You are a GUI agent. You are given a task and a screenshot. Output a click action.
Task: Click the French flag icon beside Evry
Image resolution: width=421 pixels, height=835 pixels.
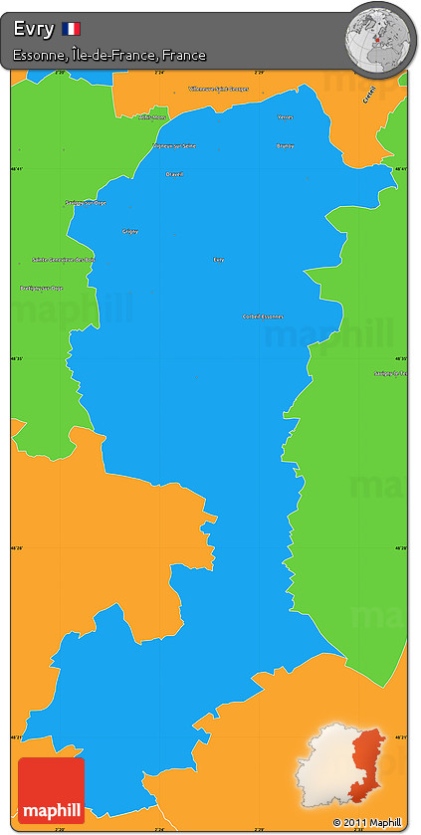(x=71, y=29)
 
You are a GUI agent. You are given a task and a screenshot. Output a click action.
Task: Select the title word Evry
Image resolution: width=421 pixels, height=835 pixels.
(x=34, y=29)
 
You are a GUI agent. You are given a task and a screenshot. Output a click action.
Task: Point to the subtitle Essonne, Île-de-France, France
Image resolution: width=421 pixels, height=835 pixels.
(x=109, y=56)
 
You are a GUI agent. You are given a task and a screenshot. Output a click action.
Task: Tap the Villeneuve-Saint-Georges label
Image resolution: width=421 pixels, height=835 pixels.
(x=218, y=89)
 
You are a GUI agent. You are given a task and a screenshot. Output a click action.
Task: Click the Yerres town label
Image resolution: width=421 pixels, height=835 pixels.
(x=286, y=116)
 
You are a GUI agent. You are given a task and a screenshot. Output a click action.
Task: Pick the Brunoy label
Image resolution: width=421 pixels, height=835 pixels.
(x=286, y=145)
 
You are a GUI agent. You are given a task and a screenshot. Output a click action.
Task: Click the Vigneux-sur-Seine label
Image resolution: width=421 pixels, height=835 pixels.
(x=174, y=145)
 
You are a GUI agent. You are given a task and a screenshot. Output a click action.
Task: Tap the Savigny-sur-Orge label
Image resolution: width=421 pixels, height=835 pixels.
(x=85, y=202)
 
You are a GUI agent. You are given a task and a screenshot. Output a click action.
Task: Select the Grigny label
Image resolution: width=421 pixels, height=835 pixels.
(x=129, y=231)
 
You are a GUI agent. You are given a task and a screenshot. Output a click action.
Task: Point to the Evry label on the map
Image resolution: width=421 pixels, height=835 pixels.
(x=219, y=260)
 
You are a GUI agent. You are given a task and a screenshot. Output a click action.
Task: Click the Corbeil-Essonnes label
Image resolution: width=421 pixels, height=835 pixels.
(x=263, y=316)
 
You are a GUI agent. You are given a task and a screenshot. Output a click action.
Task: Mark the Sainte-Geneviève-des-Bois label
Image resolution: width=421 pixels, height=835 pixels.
(x=64, y=260)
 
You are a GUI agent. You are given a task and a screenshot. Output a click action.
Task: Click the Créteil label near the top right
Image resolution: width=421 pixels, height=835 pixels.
(x=369, y=95)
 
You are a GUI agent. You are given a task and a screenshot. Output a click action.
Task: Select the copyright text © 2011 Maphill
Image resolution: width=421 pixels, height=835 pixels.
(x=367, y=822)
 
